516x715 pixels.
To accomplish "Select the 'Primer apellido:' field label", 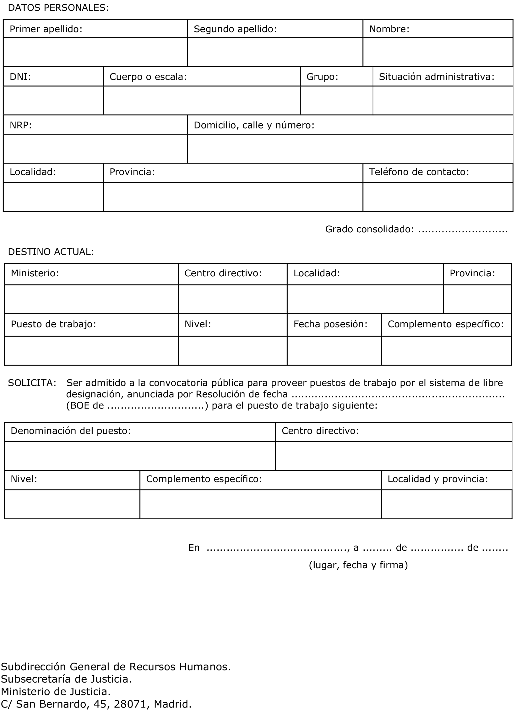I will pyautogui.click(x=46, y=29).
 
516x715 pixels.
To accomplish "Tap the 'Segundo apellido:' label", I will pyautogui.click(x=235, y=29).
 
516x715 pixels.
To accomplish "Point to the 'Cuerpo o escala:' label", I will pyautogui.click(x=148, y=76).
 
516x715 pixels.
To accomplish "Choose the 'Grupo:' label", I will pyautogui.click(x=322, y=76).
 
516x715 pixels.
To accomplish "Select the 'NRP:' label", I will pyautogui.click(x=21, y=125).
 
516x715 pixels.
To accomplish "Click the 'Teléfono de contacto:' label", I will pyautogui.click(x=419, y=172).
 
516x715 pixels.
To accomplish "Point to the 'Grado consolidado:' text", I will pyautogui.click(x=370, y=229).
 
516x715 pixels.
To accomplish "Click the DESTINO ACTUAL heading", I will pyautogui.click(x=51, y=252).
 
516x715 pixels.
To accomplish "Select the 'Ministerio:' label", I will pyautogui.click(x=35, y=273).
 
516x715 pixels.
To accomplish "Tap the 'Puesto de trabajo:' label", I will pyautogui.click(x=54, y=324).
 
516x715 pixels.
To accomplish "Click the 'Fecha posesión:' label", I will pyautogui.click(x=331, y=324).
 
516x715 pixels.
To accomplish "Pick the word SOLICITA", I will pyautogui.click(x=32, y=383).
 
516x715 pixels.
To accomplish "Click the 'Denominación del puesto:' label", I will pyautogui.click(x=71, y=431).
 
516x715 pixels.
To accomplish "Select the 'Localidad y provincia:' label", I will pyautogui.click(x=438, y=479).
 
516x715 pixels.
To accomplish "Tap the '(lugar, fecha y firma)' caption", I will pyautogui.click(x=358, y=565).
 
